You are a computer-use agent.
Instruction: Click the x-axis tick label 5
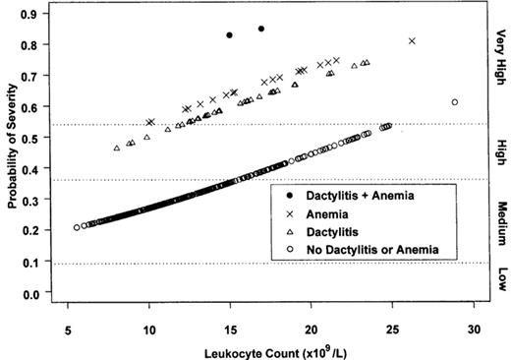[68, 327]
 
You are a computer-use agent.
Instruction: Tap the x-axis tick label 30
[474, 327]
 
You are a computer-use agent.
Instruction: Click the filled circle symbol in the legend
[289, 196]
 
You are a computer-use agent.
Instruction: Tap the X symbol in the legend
[289, 213]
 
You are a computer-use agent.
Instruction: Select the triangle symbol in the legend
[289, 232]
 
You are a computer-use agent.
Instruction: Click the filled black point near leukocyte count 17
[261, 29]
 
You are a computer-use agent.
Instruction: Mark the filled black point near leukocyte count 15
[229, 35]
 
